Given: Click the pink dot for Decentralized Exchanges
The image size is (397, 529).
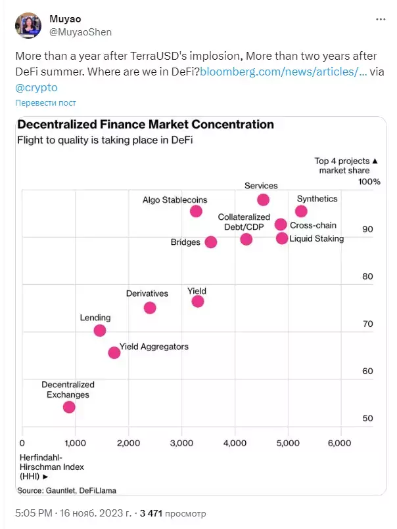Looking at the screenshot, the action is tap(69, 407).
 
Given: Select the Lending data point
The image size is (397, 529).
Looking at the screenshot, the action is tap(100, 330).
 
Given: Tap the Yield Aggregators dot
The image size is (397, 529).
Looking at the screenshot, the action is tap(114, 352).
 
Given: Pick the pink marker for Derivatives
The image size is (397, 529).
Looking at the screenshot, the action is tap(150, 308).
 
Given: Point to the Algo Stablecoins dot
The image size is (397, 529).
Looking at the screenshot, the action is tap(196, 211).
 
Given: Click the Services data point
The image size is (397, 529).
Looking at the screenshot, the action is tap(263, 200).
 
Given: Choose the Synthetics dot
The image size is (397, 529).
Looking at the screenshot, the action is tap(301, 211).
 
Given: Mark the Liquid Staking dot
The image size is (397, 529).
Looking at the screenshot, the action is tap(282, 238).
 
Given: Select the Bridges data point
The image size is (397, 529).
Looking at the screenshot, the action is tap(211, 242).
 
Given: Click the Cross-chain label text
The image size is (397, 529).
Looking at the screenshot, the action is tap(314, 225).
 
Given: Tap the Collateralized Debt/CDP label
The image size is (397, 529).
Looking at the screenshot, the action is tap(244, 222).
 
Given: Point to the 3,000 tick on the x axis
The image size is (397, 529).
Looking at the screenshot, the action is tap(181, 443).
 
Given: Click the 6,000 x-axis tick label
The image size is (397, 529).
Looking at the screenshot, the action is tap(340, 443).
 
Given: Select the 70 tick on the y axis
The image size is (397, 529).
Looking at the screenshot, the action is tap(367, 324).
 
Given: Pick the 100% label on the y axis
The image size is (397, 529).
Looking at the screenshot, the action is tap(369, 182).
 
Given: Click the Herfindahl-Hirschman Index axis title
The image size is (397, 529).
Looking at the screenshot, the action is tap(51, 467).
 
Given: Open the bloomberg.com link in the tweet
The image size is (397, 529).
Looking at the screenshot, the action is tap(283, 72).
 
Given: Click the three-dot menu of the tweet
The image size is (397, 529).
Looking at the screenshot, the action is tap(381, 19).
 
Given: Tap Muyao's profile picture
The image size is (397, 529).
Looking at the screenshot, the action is tap(28, 26).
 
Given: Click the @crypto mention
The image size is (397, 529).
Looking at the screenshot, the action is tap(37, 87).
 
